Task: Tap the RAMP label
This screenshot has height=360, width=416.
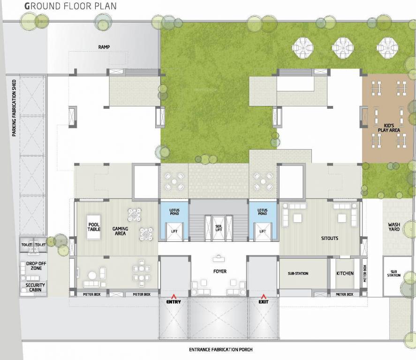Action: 104,47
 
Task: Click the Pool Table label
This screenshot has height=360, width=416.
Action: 94,227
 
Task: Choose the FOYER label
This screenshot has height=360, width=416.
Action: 219,271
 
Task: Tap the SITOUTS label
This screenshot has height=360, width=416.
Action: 330,238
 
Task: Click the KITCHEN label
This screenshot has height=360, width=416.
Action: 345,273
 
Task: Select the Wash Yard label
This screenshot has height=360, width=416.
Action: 393,227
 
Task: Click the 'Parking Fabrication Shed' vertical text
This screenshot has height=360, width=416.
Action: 15,108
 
